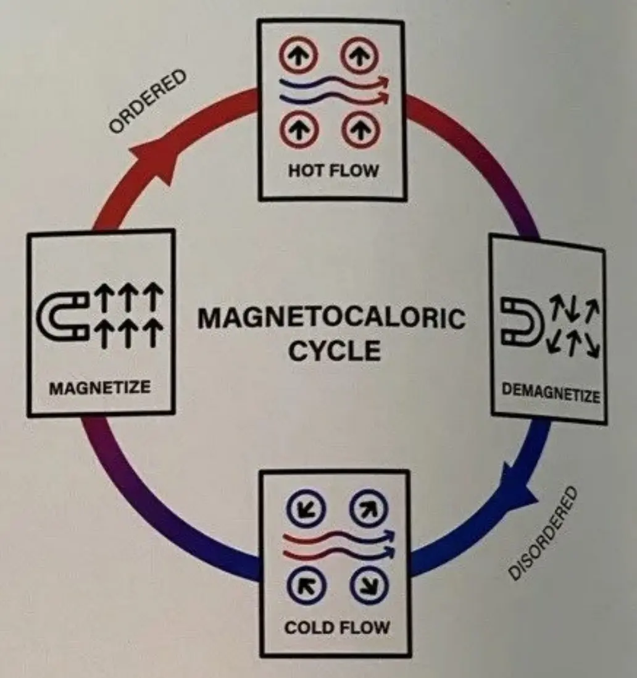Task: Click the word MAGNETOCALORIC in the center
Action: pyautogui.click(x=331, y=319)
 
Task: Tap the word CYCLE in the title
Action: pyautogui.click(x=335, y=351)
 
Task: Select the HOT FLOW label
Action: pyautogui.click(x=332, y=170)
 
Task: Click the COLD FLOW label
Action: pyautogui.click(x=337, y=627)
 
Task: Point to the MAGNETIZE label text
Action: pyautogui.click(x=99, y=388)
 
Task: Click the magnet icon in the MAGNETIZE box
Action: pyautogui.click(x=60, y=317)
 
